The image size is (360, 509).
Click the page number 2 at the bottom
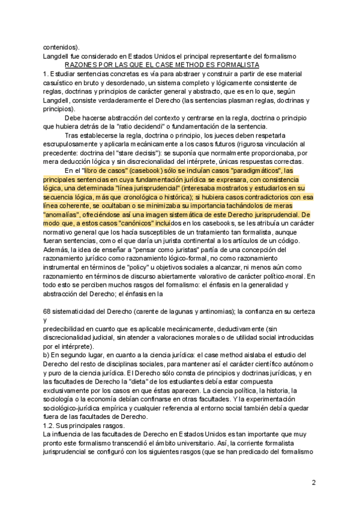coord(313,483)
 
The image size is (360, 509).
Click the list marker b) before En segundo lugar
coord(47,355)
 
